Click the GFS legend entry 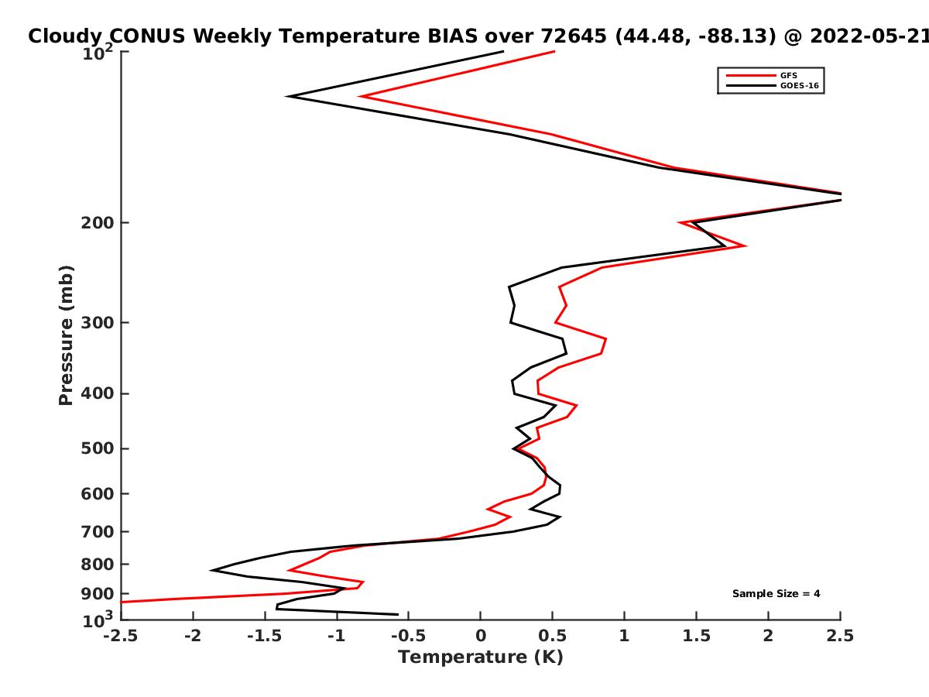coord(762,75)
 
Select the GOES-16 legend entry coord(773,85)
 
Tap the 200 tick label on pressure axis coord(98,222)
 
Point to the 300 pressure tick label coord(98,323)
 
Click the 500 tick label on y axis coord(98,448)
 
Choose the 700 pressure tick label coord(98,532)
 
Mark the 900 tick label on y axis coord(98,594)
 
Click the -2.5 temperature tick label coord(121,636)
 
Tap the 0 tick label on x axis coord(481,636)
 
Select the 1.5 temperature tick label coord(696,636)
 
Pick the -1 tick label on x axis coord(337,636)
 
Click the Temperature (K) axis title coord(481,658)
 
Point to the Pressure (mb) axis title coord(66,335)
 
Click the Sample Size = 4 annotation coord(776,594)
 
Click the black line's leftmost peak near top coord(288,97)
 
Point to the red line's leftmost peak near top coord(360,97)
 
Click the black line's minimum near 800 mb coord(211,571)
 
